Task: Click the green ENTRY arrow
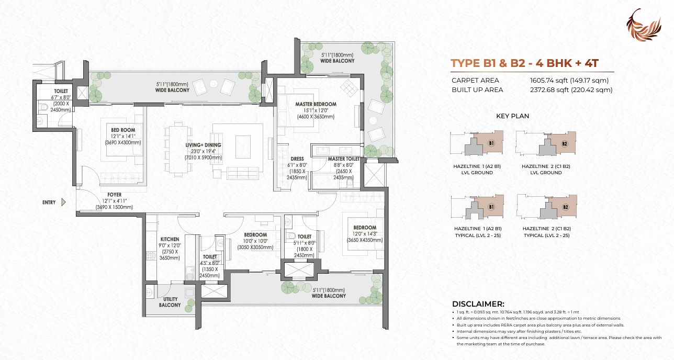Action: point(63,202)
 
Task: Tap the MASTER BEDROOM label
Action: point(316,104)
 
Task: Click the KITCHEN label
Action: point(170,239)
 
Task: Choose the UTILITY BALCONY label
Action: point(170,301)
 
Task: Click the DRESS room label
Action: point(297,159)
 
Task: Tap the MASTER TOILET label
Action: point(344,159)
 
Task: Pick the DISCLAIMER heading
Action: point(478,304)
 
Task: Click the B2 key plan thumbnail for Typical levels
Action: point(546,207)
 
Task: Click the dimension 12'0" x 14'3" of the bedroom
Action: point(365,234)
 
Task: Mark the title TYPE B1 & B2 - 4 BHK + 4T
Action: point(525,63)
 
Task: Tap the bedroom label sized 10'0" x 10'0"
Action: point(255,235)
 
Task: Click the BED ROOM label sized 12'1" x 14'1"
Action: point(123,130)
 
